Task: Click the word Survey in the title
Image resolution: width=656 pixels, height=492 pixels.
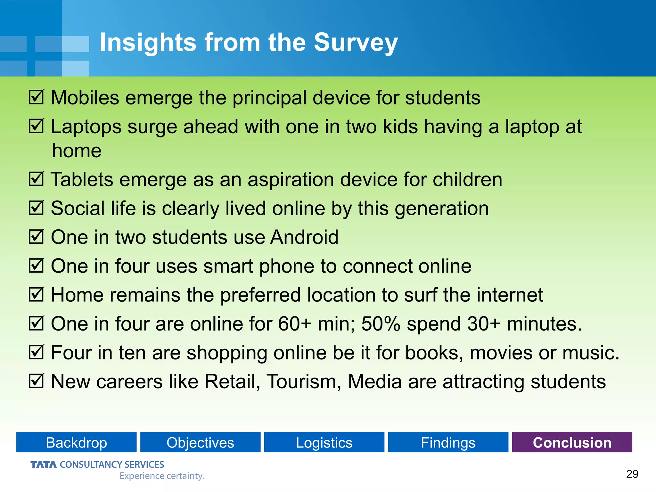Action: pos(356,43)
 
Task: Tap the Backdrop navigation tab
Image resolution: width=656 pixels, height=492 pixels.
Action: pos(76,442)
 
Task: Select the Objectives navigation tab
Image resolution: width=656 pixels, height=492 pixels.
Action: pos(200,442)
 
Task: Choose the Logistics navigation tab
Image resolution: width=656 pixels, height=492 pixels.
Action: pos(324,442)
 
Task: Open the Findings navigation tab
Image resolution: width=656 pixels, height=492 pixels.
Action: pos(448,442)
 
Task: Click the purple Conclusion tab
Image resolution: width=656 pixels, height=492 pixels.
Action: pos(572,442)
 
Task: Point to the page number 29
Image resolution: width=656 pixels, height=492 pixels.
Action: pos(632,474)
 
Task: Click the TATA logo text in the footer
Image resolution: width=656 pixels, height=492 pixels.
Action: pos(44,464)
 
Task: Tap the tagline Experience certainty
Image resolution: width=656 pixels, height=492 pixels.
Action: pos(162,476)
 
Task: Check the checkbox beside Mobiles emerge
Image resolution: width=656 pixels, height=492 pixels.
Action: pos(36,97)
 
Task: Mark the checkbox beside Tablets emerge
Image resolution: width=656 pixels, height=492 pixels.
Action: pos(36,179)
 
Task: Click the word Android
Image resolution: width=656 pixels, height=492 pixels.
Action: pos(304,237)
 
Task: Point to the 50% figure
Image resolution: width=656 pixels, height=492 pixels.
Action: pos(381,324)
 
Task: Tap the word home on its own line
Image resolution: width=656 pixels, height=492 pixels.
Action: pos(77,151)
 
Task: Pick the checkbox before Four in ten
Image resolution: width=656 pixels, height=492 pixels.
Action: pos(36,352)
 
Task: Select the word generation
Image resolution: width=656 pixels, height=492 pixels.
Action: pos(442,209)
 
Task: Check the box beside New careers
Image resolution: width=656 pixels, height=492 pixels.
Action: pos(36,381)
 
